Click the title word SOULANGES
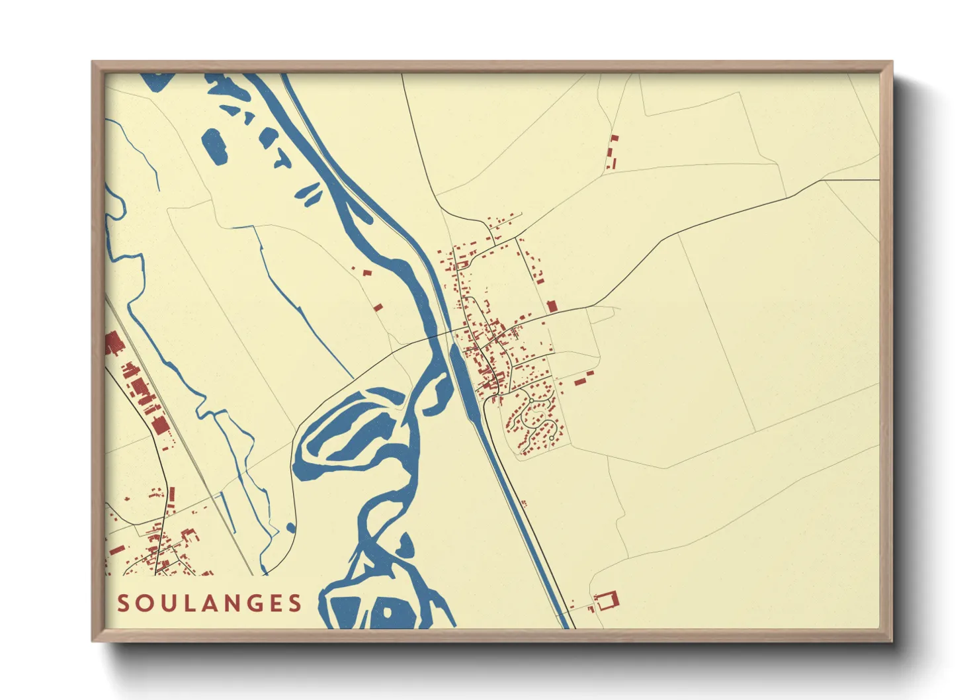(x=210, y=603)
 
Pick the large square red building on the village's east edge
(x=552, y=306)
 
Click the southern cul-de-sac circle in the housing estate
(x=551, y=438)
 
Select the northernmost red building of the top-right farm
(x=615, y=139)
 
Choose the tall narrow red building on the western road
(x=172, y=494)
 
